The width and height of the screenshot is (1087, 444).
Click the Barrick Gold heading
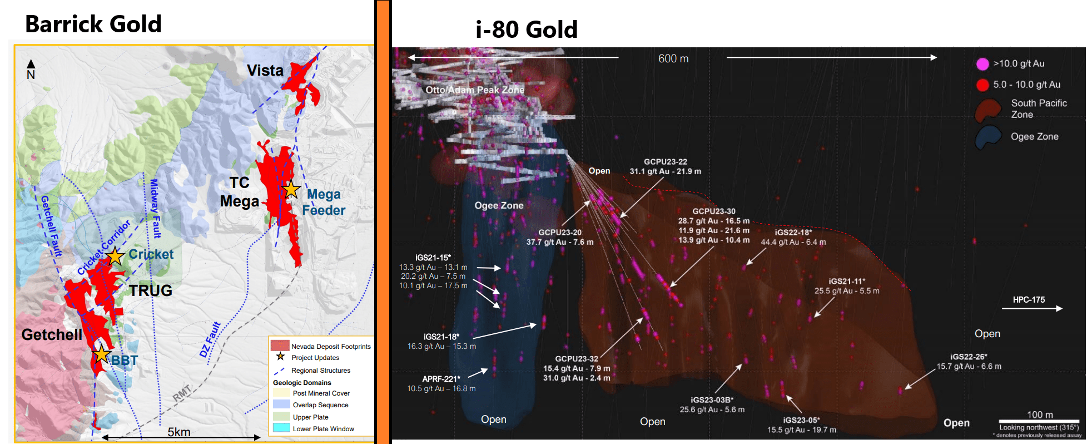click(93, 24)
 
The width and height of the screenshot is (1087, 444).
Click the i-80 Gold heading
click(527, 29)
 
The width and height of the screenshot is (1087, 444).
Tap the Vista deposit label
click(265, 71)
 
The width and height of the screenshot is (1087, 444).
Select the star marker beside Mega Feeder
click(291, 190)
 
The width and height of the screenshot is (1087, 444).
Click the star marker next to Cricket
click(115, 256)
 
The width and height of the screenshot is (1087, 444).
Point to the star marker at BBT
click(101, 354)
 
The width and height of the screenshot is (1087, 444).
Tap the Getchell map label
click(52, 334)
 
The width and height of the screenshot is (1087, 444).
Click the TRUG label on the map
click(151, 290)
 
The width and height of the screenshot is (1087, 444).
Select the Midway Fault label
click(155, 208)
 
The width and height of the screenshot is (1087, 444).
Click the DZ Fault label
click(211, 339)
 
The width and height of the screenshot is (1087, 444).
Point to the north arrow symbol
click(31, 69)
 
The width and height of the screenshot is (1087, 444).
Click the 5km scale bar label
click(179, 432)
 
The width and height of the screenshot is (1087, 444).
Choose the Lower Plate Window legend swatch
click(281, 428)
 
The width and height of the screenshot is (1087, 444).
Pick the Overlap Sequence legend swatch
click(281, 404)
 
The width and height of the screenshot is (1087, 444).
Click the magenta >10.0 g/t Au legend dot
click(982, 64)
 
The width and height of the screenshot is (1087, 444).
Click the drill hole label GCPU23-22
click(665, 162)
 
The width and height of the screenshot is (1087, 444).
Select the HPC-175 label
click(1029, 300)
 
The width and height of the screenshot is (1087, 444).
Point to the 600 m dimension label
click(673, 58)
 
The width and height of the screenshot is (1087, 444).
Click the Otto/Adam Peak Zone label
click(475, 90)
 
